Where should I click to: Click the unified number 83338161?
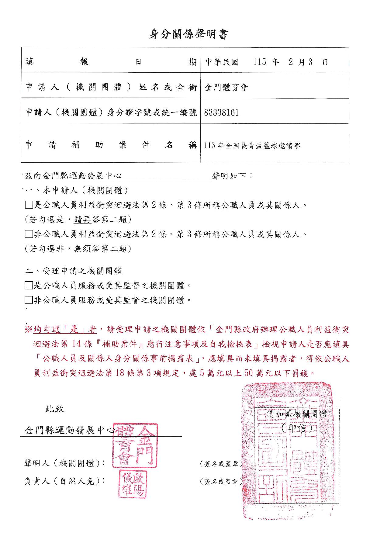pyautogui.click(x=222, y=113)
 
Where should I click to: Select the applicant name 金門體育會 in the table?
pyautogui.click(x=227, y=88)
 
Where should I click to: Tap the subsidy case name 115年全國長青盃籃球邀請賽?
pyautogui.click(x=252, y=146)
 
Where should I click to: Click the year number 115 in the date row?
pyautogui.click(x=260, y=62)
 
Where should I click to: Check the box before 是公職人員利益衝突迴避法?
pyautogui.click(x=29, y=205)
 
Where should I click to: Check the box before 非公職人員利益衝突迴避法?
pyautogui.click(x=29, y=234)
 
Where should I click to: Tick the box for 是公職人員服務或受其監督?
pyautogui.click(x=29, y=286)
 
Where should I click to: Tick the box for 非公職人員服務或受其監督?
pyautogui.click(x=29, y=300)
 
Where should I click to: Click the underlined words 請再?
pyautogui.click(x=82, y=220)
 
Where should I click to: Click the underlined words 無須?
pyautogui.click(x=82, y=249)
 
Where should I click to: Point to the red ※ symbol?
pyautogui.click(x=28, y=330)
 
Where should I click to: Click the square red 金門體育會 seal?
pyautogui.click(x=135, y=445)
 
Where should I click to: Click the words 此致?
pyautogui.click(x=55, y=409)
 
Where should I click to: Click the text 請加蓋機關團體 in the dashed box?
pyautogui.click(x=297, y=414)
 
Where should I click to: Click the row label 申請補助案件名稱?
pyautogui.click(x=111, y=145)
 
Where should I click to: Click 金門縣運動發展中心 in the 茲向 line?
pyautogui.click(x=82, y=176)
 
